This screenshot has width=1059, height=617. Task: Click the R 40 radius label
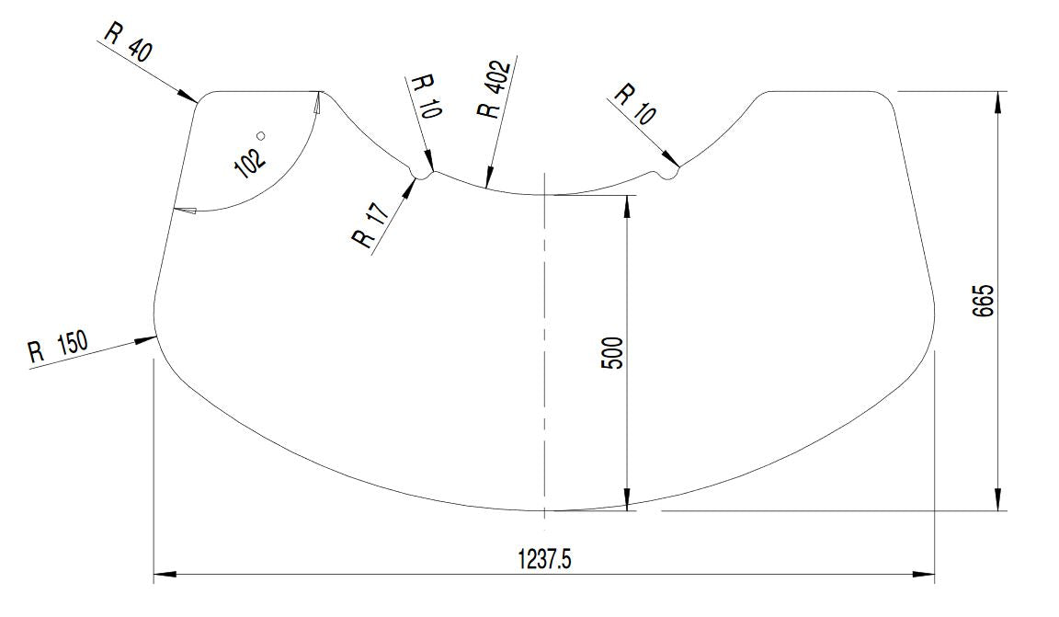[129, 42]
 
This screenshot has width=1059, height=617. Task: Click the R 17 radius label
[370, 225]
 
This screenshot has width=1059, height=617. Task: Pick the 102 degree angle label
[249, 162]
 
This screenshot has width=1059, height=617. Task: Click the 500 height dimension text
[612, 352]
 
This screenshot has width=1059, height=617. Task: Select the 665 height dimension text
[983, 300]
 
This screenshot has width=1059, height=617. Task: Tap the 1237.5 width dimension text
[544, 560]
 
